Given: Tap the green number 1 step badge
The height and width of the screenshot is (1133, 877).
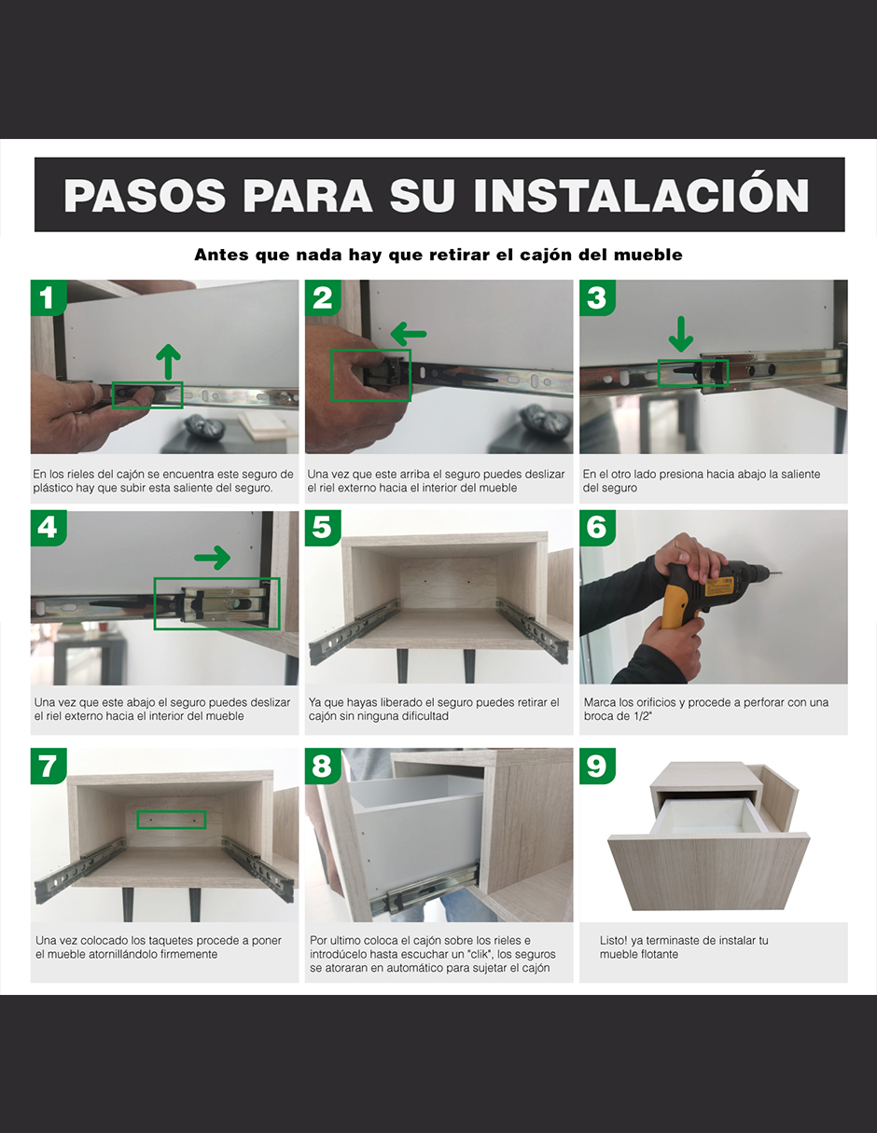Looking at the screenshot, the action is (x=48, y=297).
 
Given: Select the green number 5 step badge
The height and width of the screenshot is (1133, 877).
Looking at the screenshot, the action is (x=323, y=528).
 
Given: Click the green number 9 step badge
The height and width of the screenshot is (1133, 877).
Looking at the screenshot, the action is (x=597, y=766).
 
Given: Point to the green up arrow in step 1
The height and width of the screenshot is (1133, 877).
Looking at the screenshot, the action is (x=169, y=361).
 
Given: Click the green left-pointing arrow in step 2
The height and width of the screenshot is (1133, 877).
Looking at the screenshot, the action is (x=409, y=334).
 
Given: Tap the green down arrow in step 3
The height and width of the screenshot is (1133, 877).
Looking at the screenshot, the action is (x=681, y=334).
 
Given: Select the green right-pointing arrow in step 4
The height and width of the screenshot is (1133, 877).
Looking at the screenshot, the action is (x=212, y=558).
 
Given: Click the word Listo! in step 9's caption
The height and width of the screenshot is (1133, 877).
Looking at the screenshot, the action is (x=613, y=940).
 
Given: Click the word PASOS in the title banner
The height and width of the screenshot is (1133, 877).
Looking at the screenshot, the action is (x=145, y=196).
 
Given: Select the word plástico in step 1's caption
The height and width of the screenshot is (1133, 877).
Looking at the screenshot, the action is (x=52, y=488).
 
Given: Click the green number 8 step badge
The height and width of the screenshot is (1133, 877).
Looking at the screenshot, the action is (x=323, y=766).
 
